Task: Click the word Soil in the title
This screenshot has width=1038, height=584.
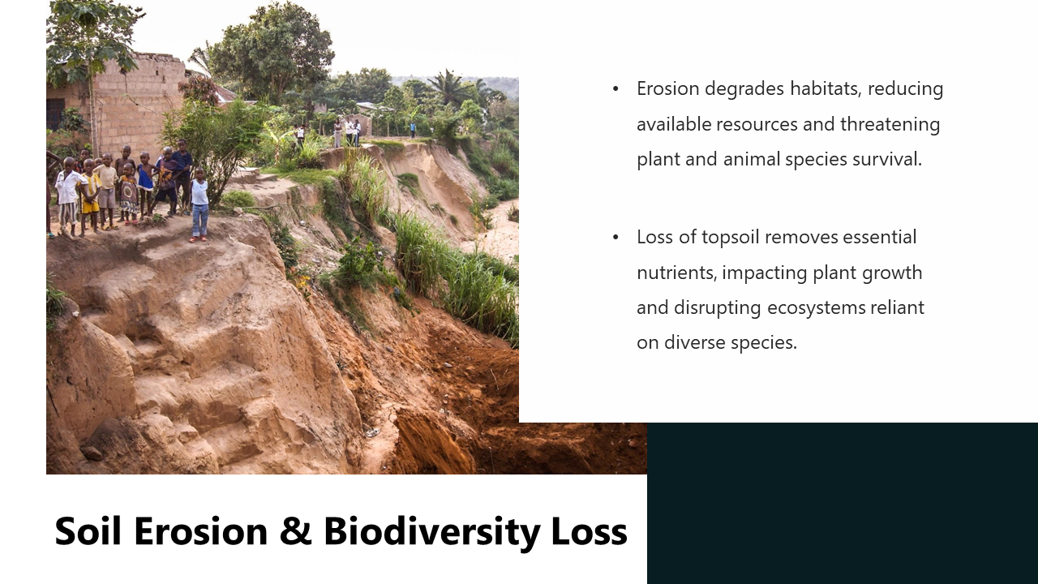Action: point(88,531)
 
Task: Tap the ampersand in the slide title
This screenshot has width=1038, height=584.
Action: point(295,531)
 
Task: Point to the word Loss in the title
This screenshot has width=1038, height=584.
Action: point(589,531)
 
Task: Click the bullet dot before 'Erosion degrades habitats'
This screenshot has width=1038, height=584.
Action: point(616,88)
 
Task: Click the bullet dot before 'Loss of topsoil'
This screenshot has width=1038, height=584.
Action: point(616,237)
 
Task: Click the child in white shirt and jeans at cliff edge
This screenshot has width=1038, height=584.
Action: point(199,207)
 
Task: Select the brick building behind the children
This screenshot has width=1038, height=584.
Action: point(134,97)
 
